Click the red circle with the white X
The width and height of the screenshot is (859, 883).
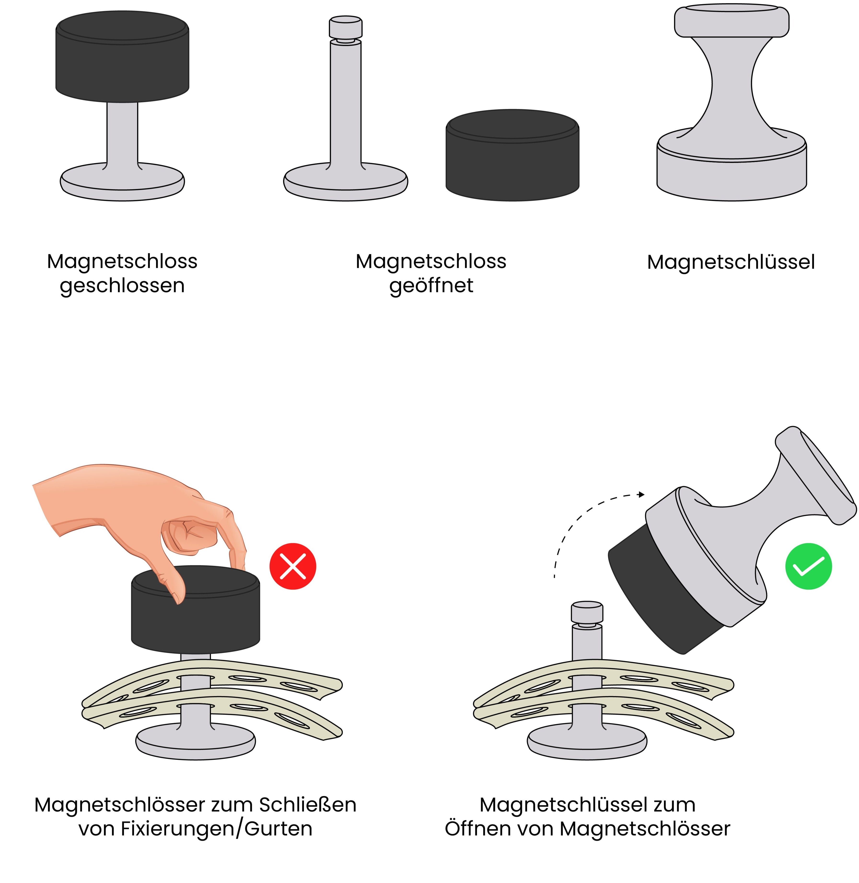click(293, 566)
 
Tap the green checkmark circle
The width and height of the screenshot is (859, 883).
click(808, 566)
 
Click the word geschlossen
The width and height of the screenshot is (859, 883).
click(122, 286)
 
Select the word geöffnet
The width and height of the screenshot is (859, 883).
click(431, 286)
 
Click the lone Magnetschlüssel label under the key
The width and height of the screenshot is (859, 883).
click(731, 262)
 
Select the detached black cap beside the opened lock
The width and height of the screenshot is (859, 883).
click(512, 155)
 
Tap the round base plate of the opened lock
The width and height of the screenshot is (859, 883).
click(346, 182)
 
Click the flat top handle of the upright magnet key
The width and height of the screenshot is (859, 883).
click(732, 21)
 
